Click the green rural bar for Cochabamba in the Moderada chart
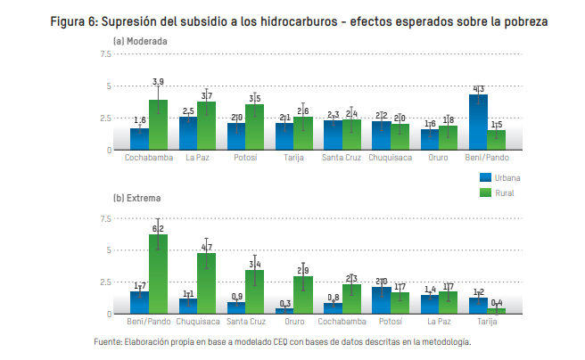pyautogui.click(x=158, y=126)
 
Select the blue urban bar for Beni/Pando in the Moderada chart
pyautogui.click(x=478, y=123)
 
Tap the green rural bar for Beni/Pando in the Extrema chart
pyautogui.click(x=158, y=275)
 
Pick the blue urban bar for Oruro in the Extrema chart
pyautogui.click(x=285, y=311)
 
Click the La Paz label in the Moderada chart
pyautogui.click(x=197, y=159)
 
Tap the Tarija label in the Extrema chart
pyautogui.click(x=487, y=322)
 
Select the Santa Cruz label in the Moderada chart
pyautogui.click(x=342, y=159)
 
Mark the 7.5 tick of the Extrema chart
pyautogui.click(x=105, y=218)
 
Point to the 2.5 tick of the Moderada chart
pyautogui.click(x=105, y=118)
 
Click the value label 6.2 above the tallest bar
pyautogui.click(x=158, y=228)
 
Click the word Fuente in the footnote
pyautogui.click(x=109, y=341)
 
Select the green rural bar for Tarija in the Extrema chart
pyautogui.click(x=496, y=311)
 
